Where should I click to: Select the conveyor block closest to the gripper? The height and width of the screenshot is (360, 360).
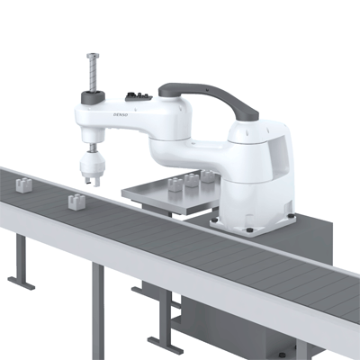pos(76,200)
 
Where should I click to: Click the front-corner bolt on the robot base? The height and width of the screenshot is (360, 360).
pos(249,229)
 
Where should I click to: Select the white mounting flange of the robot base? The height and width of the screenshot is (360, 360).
pos(261,220)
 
